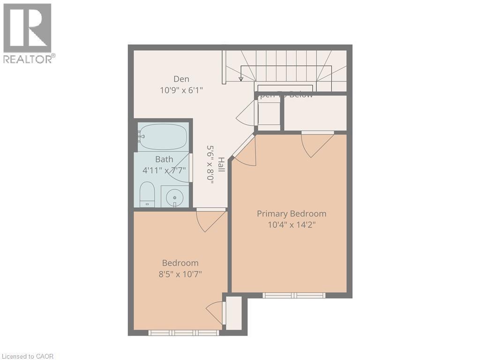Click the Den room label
click(x=181, y=79)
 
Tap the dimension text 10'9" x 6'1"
click(x=181, y=90)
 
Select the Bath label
click(x=164, y=159)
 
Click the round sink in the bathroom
click(x=175, y=196)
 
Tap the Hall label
click(x=221, y=164)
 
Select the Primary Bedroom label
click(x=292, y=214)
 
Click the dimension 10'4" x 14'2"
click(x=292, y=225)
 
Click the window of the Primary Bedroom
click(x=294, y=295)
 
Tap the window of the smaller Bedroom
click(x=184, y=333)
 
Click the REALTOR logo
click(x=28, y=33)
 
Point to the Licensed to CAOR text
click(x=27, y=356)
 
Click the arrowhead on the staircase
click(x=241, y=79)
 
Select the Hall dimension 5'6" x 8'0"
click(x=210, y=164)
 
